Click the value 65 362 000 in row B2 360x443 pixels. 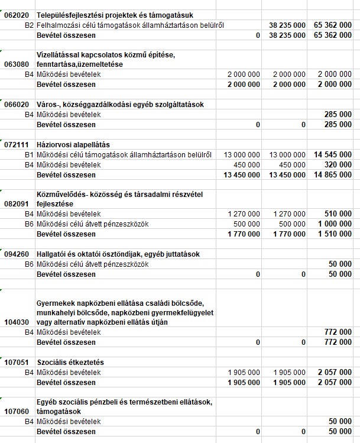(333, 25)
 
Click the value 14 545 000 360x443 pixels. (333, 154)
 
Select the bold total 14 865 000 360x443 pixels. (333, 174)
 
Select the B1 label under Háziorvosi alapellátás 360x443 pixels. (29, 154)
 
